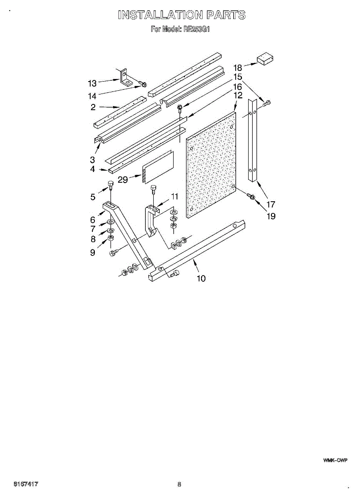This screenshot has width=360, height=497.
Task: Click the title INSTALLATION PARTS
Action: pyautogui.click(x=181, y=15)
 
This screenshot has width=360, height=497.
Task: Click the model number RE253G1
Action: pyautogui.click(x=196, y=29)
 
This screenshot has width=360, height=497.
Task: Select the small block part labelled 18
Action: pyautogui.click(x=266, y=59)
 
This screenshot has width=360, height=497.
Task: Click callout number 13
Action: pyautogui.click(x=92, y=83)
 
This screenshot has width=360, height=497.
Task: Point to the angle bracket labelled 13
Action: pyautogui.click(x=125, y=77)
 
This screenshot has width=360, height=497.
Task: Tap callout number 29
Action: pyautogui.click(x=123, y=179)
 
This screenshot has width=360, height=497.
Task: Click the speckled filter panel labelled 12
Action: pyautogui.click(x=211, y=166)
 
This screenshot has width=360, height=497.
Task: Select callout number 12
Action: pyautogui.click(x=237, y=96)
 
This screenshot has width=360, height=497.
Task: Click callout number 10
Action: pyautogui.click(x=201, y=278)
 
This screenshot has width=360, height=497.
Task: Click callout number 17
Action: pyautogui.click(x=271, y=204)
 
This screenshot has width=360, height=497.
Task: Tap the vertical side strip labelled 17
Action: pyautogui.click(x=253, y=141)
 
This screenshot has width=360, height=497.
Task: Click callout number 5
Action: pyautogui.click(x=93, y=197)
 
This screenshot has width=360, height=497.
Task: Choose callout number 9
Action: pyautogui.click(x=93, y=252)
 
